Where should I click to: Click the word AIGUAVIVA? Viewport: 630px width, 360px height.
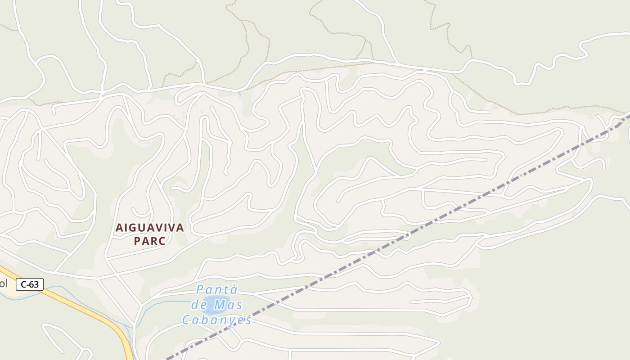[150, 228]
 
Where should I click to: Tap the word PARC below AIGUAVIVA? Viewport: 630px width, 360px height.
[150, 241]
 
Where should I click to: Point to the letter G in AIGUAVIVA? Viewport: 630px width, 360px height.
[131, 228]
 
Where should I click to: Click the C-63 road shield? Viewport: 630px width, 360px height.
[30, 284]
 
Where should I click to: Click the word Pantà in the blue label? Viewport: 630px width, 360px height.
[217, 289]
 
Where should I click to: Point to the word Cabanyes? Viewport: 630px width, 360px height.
[216, 320]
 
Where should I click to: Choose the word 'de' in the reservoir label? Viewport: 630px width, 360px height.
[198, 305]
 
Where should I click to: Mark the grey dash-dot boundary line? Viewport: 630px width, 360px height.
[450, 213]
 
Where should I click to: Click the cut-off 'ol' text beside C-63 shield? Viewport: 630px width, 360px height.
[4, 283]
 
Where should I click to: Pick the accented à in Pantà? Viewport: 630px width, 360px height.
[233, 289]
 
